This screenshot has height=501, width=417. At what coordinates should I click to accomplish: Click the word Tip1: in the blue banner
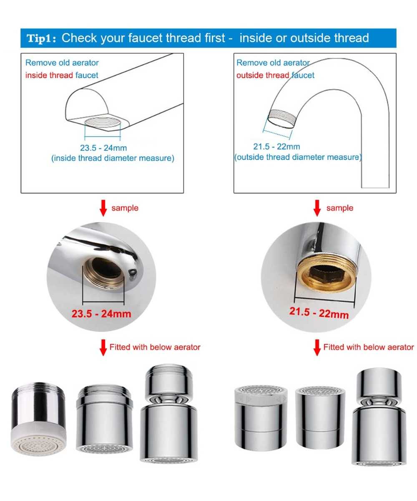tap(41, 38)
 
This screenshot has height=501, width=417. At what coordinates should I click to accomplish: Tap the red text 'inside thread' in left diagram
tap(49, 75)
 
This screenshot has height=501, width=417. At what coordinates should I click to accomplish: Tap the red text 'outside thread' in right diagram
tap(263, 75)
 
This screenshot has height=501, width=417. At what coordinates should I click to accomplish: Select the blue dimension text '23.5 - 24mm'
tap(103, 148)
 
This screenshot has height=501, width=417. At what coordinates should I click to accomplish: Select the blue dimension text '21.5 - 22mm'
tap(276, 147)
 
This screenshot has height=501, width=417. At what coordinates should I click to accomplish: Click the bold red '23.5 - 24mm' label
tap(101, 314)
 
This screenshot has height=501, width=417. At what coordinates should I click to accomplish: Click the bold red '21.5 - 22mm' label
tap(319, 313)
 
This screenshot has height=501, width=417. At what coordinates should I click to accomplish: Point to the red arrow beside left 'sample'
tap(103, 208)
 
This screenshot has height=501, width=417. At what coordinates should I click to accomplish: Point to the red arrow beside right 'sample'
tap(317, 208)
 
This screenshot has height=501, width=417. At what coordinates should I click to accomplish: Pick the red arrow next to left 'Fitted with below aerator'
tap(103, 347)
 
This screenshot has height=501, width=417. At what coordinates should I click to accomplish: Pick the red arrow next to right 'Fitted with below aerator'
tap(317, 347)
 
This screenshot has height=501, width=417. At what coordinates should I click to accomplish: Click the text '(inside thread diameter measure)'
tap(113, 158)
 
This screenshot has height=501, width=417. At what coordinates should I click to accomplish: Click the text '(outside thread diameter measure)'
tap(298, 157)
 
